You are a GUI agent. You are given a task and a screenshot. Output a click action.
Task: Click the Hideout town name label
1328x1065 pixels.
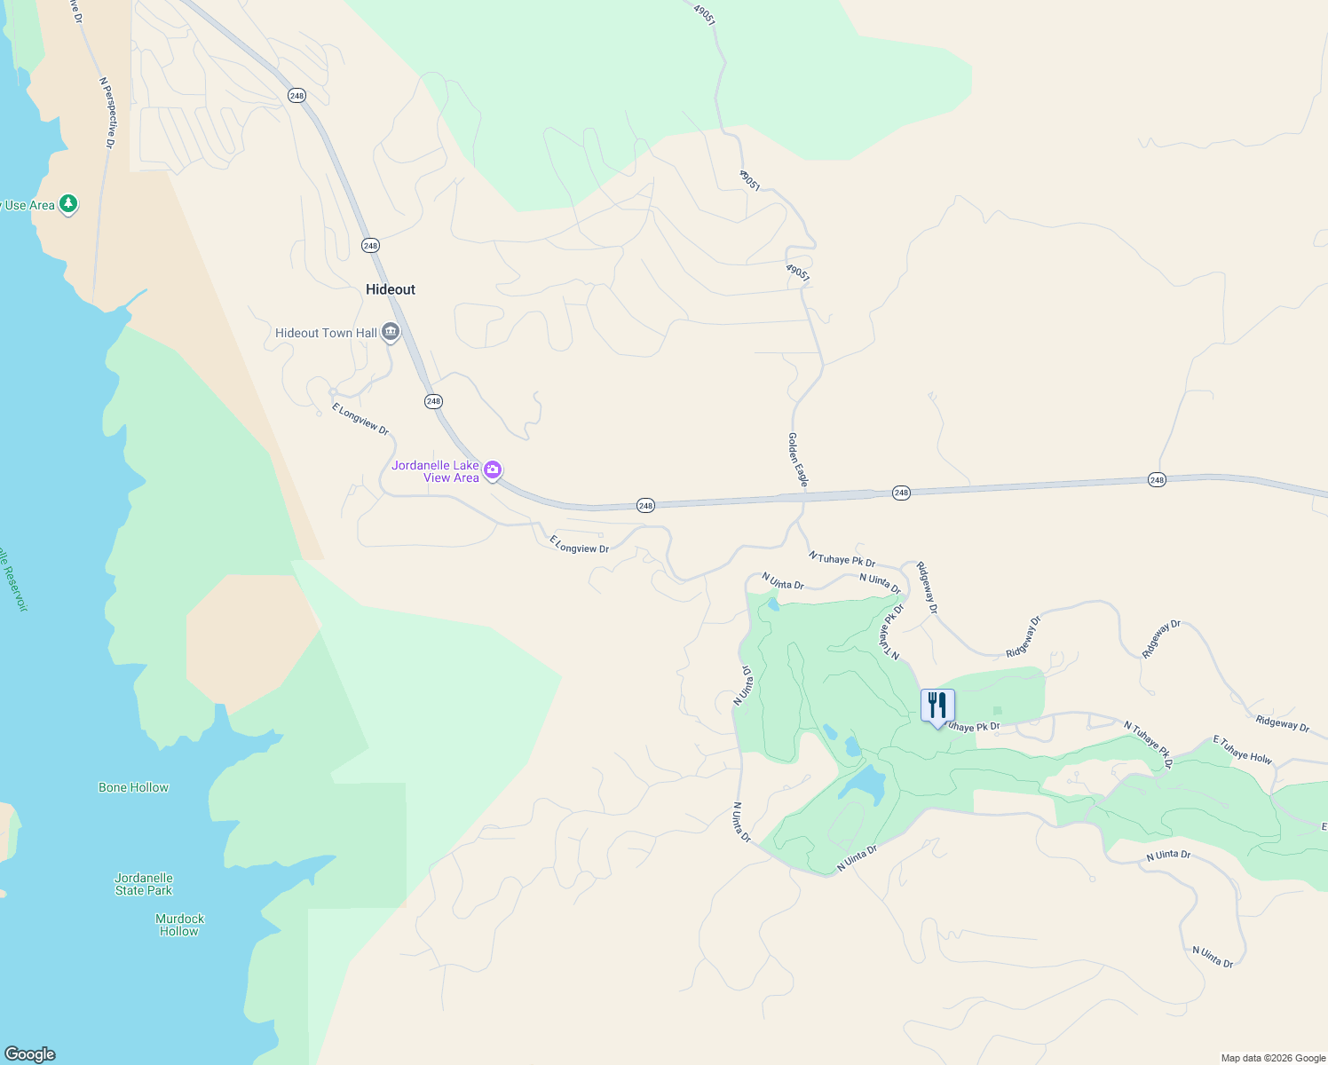tap(391, 289)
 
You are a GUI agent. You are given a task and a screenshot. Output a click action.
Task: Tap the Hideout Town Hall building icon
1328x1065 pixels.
tap(391, 333)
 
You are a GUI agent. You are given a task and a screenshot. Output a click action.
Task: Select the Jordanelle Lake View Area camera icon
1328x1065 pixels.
tap(493, 469)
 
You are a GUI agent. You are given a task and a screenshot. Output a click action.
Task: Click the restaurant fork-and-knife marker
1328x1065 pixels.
tap(937, 706)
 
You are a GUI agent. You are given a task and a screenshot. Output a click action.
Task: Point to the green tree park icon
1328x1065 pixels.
tap(68, 204)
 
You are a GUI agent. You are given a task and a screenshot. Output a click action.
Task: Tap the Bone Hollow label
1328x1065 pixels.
tap(133, 787)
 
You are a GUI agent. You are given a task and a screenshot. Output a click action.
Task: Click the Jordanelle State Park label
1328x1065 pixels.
tap(144, 884)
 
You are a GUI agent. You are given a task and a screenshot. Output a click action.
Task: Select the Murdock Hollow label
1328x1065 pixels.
tap(179, 925)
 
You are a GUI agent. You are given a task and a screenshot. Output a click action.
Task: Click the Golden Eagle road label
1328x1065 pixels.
tap(797, 459)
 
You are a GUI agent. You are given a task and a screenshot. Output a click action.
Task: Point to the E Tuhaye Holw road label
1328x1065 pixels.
tap(1243, 750)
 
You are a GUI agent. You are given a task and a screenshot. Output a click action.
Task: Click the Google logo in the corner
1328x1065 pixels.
tap(30, 1054)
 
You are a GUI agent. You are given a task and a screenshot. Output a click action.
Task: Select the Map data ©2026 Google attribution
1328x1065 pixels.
tap(1273, 1058)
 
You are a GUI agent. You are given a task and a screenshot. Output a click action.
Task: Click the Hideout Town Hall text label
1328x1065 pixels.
tap(326, 333)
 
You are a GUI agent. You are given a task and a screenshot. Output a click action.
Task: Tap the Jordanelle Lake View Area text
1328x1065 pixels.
tap(436, 471)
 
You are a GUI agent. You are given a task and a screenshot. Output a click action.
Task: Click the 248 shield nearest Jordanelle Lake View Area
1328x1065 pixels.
tap(433, 401)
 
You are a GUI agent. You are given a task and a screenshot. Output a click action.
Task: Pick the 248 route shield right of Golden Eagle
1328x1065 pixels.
tap(901, 493)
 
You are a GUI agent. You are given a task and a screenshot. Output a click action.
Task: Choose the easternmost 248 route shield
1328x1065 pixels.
tap(1157, 480)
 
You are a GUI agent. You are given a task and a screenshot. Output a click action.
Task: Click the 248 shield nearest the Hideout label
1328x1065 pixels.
tap(370, 245)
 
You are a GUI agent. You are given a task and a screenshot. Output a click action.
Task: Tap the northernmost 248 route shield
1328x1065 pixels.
tap(296, 95)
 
